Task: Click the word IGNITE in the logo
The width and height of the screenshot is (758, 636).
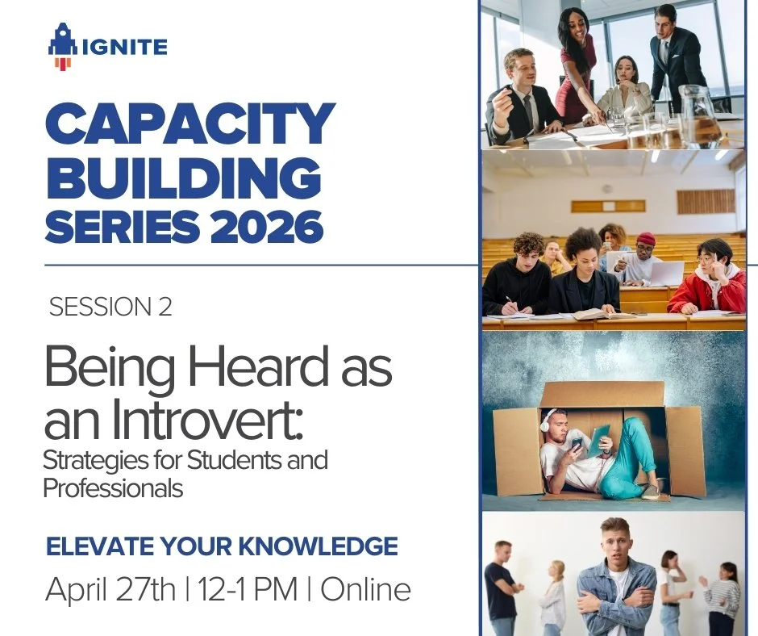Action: tap(125, 47)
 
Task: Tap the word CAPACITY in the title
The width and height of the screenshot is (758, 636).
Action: tap(189, 124)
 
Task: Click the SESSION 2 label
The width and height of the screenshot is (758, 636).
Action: tap(110, 308)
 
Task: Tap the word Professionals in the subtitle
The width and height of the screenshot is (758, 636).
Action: tap(113, 488)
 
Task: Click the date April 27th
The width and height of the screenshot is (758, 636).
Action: tap(110, 590)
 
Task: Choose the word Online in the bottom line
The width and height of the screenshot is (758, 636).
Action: tap(365, 590)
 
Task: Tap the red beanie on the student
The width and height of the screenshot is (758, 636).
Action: tap(646, 239)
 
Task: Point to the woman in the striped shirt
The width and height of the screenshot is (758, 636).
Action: tap(723, 594)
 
